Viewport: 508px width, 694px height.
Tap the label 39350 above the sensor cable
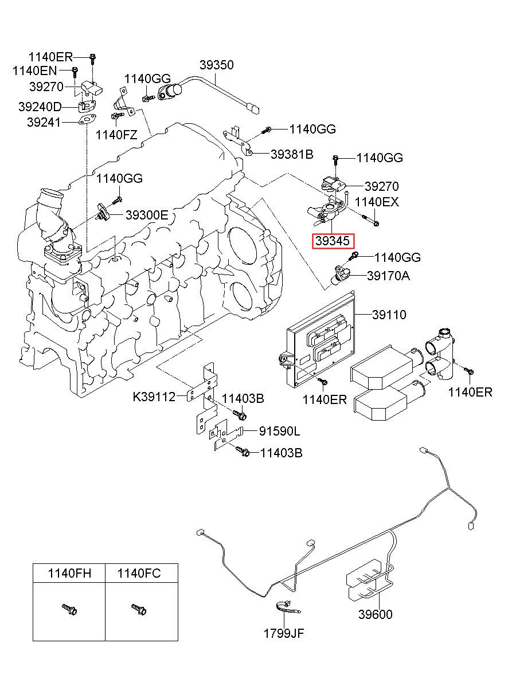click(216, 65)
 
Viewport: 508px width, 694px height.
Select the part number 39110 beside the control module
click(389, 315)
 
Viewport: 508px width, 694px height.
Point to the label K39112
click(154, 397)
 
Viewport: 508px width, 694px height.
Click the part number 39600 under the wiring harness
click(376, 614)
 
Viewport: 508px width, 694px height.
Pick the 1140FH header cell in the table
click(69, 574)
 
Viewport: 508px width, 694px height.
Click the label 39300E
click(147, 215)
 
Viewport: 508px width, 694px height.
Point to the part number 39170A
click(388, 276)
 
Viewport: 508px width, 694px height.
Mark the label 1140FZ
click(116, 135)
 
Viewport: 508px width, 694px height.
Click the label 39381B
click(292, 154)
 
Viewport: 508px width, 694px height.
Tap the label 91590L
click(280, 432)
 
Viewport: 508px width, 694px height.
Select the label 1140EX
click(377, 202)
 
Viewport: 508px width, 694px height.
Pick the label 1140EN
click(35, 71)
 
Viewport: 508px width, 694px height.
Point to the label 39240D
click(40, 107)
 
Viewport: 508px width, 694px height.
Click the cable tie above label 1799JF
click(287, 608)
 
